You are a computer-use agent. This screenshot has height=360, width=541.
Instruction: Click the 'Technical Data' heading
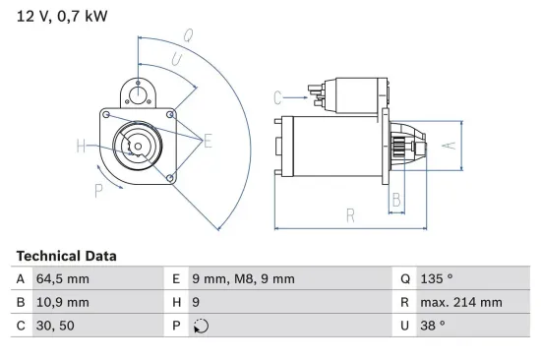pyautogui.click(x=66, y=256)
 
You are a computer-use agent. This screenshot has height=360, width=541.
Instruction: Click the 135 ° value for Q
pyautogui.click(x=438, y=279)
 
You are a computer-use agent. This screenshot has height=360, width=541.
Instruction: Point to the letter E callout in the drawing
pyautogui.click(x=208, y=141)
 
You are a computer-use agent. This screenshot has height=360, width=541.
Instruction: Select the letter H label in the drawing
pyautogui.click(x=81, y=148)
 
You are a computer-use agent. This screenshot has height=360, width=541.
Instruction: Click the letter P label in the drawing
pyautogui.click(x=98, y=190)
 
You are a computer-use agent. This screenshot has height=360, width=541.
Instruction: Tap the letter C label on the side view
pyautogui.click(x=278, y=96)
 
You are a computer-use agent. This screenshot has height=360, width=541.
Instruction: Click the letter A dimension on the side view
pyautogui.click(x=448, y=144)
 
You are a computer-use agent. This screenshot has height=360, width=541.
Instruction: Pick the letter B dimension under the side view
pyautogui.click(x=395, y=199)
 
